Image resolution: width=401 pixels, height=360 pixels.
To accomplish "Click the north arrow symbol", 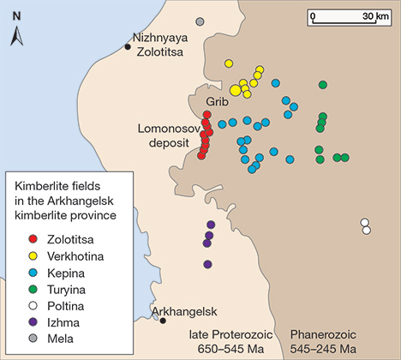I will coord(16,35).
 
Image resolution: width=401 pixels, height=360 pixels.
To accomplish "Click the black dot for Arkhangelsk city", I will coord(163,321).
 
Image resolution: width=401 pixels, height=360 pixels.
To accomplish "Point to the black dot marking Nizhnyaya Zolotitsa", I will coord(128,46).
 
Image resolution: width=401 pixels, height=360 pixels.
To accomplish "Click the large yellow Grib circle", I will coord(236,90).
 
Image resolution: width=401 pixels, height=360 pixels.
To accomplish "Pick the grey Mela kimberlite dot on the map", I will coord(200,21).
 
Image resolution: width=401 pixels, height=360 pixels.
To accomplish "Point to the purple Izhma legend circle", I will coord(33,310).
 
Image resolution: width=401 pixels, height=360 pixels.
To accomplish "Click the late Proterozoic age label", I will coord(227,341).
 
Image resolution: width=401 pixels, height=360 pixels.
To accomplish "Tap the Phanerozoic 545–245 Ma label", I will coord(323,341).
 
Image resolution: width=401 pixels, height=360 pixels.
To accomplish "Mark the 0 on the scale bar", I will coord(314,15).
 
